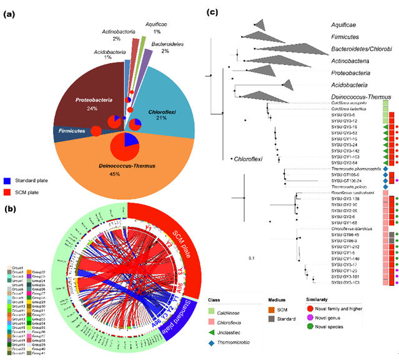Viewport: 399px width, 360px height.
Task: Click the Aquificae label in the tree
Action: (x=345, y=25)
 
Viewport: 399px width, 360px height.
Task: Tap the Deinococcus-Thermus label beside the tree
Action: (x=360, y=97)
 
